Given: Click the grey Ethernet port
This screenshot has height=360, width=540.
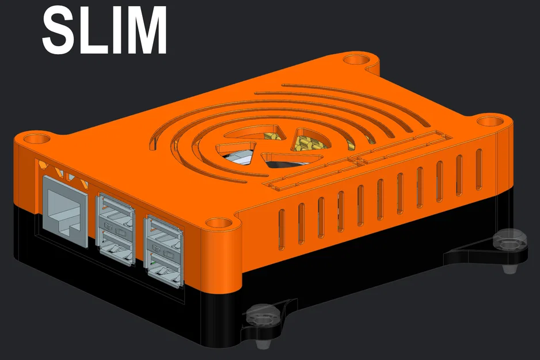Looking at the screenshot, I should pyautogui.click(x=65, y=210).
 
